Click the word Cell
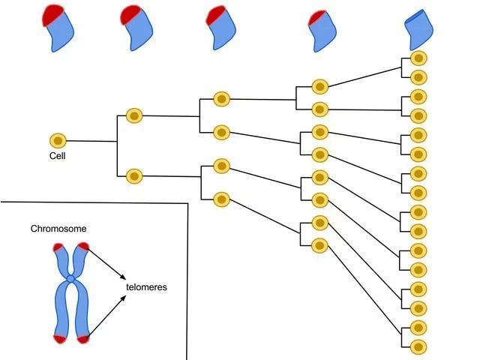[x=57, y=156]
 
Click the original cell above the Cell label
[x=58, y=141]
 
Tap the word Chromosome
[x=58, y=229]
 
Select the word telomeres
[x=147, y=287]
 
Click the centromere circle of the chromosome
[x=70, y=278]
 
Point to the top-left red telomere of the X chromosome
[x=58, y=247]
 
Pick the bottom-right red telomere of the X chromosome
[x=83, y=339]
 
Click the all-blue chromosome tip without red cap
[x=418, y=30]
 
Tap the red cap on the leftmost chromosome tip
[x=52, y=15]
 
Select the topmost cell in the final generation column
[x=418, y=58]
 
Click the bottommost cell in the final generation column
[x=418, y=347]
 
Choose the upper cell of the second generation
[x=134, y=115]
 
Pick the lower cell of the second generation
[x=134, y=176]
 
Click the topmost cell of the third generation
[x=222, y=99]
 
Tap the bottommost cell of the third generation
[x=222, y=199]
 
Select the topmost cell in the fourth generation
[x=320, y=87]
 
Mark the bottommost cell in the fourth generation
[x=319, y=245]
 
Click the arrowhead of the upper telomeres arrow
[x=123, y=277]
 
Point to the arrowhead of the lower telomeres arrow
[x=123, y=298]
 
